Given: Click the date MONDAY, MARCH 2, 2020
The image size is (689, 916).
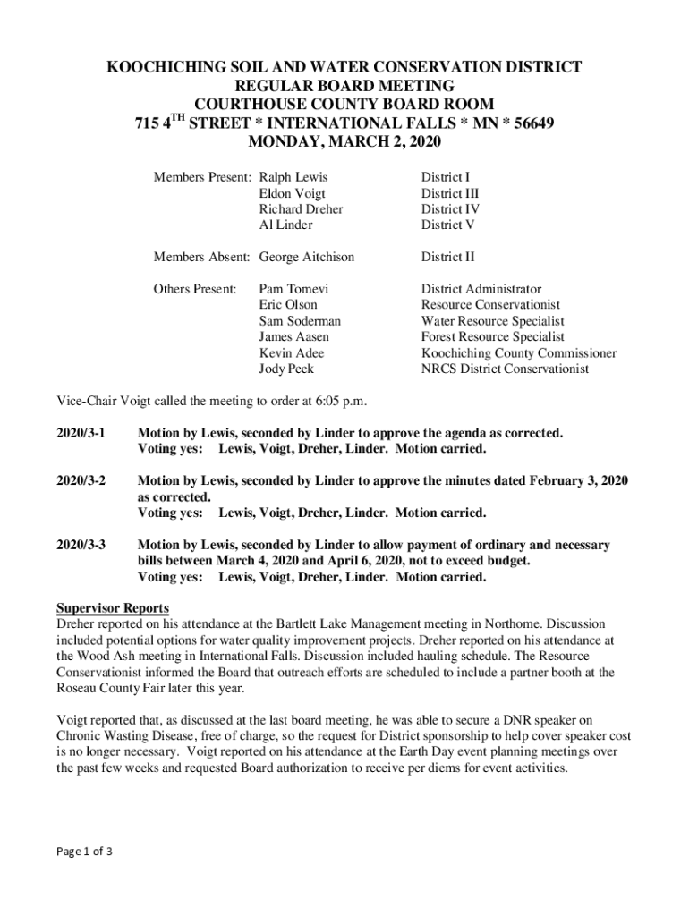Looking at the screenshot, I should point(344,142).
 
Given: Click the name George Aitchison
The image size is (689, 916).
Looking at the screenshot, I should point(307,258).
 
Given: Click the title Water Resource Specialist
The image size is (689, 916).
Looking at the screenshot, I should point(493,321).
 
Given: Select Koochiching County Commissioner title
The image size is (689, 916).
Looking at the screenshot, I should point(519,353).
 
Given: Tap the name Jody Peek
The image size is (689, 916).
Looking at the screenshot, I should point(286,369).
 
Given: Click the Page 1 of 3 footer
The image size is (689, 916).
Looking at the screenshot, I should point(84,851).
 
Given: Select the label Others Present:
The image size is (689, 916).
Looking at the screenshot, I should point(195,289).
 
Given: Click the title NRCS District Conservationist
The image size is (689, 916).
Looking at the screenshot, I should point(506,369).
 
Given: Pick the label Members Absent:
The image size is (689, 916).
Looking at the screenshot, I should point(201,258).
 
